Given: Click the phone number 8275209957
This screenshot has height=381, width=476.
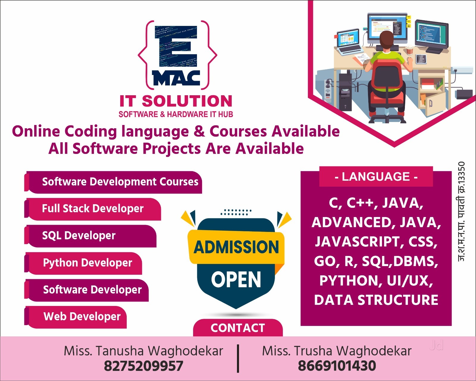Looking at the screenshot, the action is pyautogui.click(x=144, y=366).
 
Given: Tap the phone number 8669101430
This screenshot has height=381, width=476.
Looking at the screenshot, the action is pyautogui.click(x=337, y=366).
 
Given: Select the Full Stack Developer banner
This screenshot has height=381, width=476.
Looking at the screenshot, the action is pyautogui.click(x=93, y=209).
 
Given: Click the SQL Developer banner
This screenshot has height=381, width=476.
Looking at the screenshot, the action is pyautogui.click(x=90, y=236).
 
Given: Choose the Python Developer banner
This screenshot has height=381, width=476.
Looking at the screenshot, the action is pyautogui.click(x=83, y=263).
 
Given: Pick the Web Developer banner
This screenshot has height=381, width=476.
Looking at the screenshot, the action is pyautogui.click(x=76, y=317).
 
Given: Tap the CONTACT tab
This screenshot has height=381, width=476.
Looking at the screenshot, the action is pyautogui.click(x=238, y=328).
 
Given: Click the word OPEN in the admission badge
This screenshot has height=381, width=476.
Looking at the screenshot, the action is pyautogui.click(x=236, y=279).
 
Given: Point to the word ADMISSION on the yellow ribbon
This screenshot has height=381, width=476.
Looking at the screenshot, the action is pyautogui.click(x=236, y=247).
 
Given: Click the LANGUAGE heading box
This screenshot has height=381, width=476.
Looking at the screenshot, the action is pyautogui.click(x=376, y=177).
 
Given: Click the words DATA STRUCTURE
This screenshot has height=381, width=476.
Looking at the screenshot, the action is pyautogui.click(x=376, y=300).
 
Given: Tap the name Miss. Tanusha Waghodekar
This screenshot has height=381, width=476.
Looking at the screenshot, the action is pyautogui.click(x=143, y=351).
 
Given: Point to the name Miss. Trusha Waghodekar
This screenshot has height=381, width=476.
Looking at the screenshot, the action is pyautogui.click(x=337, y=351).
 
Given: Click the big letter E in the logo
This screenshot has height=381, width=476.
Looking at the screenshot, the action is pyautogui.click(x=176, y=46).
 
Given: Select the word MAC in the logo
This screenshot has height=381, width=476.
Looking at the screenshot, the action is pyautogui.click(x=176, y=78).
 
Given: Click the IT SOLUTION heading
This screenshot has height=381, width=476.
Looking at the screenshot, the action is pyautogui.click(x=176, y=101).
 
